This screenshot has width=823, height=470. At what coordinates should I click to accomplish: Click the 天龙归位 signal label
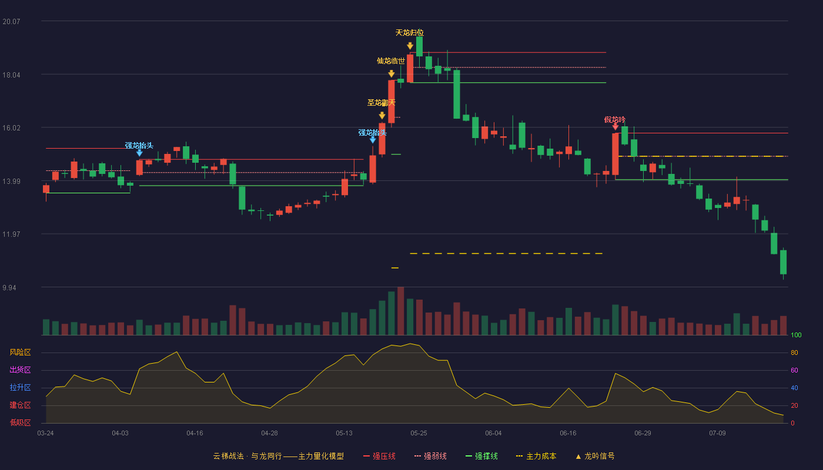tap(410, 33)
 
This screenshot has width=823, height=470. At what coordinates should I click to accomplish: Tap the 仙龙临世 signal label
tap(391, 61)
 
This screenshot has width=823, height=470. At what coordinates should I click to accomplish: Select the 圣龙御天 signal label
tap(382, 103)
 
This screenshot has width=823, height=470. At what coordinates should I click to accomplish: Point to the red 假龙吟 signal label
tap(615, 120)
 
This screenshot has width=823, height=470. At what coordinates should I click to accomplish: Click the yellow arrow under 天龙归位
tap(410, 46)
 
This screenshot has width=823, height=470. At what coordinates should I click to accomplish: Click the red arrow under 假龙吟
tap(615, 127)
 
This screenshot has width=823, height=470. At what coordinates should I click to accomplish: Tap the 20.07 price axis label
tap(11, 22)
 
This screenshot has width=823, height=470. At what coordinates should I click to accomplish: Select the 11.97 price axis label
tap(11, 234)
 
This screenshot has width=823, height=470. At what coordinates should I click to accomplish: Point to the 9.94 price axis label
tap(9, 287)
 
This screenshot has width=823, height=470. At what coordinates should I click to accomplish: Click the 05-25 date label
tap(419, 434)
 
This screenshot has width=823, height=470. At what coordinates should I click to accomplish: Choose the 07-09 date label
tap(718, 434)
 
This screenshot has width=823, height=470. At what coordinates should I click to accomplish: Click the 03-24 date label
tap(46, 434)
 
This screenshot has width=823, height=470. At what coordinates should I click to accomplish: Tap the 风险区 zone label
tap(20, 352)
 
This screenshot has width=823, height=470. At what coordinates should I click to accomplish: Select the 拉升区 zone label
tap(20, 387)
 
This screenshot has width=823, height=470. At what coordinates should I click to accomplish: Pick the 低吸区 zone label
tap(20, 422)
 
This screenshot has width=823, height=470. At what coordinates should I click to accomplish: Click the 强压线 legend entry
tap(379, 456)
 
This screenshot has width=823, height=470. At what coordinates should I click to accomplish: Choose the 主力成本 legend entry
tap(536, 456)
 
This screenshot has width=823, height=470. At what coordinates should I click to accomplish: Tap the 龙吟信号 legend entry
tap(595, 456)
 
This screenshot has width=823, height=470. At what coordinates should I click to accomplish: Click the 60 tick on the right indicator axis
tap(794, 370)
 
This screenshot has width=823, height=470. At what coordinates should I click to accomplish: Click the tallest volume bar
tap(401, 311)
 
